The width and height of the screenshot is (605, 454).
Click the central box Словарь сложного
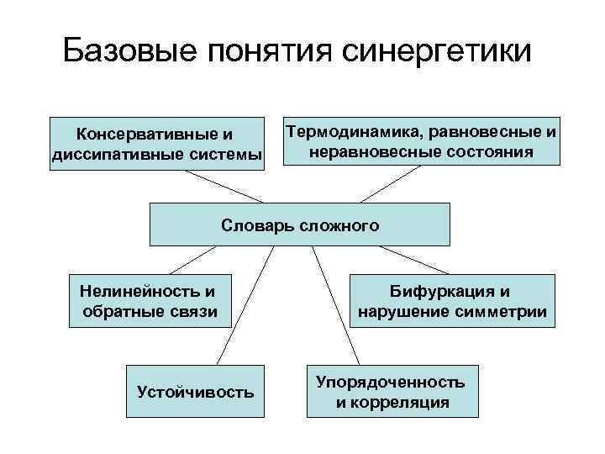point(300,224)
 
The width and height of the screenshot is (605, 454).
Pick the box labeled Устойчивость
point(195,391)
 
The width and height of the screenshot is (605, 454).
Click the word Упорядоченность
point(391,382)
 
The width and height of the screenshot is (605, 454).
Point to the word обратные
point(118,313)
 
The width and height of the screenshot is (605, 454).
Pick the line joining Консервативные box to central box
point(224,187)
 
